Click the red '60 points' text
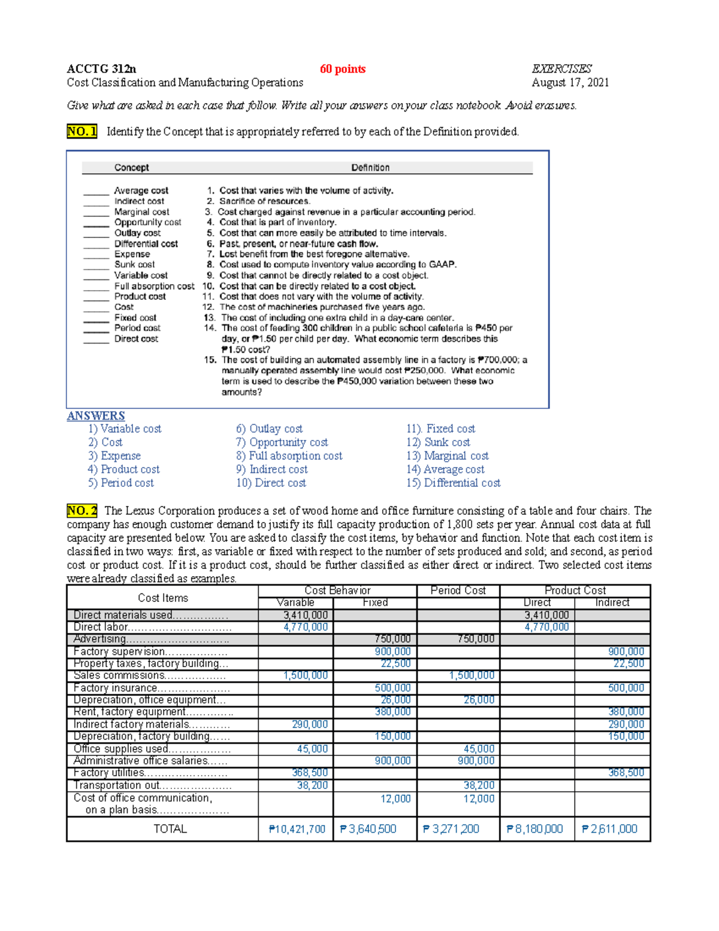pyautogui.click(x=342, y=69)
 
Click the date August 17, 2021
pyautogui.click(x=570, y=83)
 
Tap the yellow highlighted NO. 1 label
pyautogui.click(x=81, y=131)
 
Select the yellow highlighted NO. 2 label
pyautogui.click(x=82, y=511)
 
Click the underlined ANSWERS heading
pyautogui.click(x=96, y=415)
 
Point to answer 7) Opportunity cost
pyautogui.click(x=282, y=442)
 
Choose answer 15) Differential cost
pyautogui.click(x=453, y=483)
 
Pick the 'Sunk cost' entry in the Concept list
pyautogui.click(x=134, y=264)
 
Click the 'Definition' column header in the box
pyautogui.click(x=370, y=168)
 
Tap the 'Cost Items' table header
pyautogui.click(x=162, y=598)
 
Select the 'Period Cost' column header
pyautogui.click(x=458, y=590)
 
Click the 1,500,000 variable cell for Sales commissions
pyautogui.click(x=306, y=676)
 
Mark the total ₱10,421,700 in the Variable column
pyautogui.click(x=297, y=829)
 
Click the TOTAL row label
pyautogui.click(x=170, y=829)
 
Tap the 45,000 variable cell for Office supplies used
pyautogui.click(x=312, y=749)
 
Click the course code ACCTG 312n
pyautogui.click(x=101, y=69)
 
